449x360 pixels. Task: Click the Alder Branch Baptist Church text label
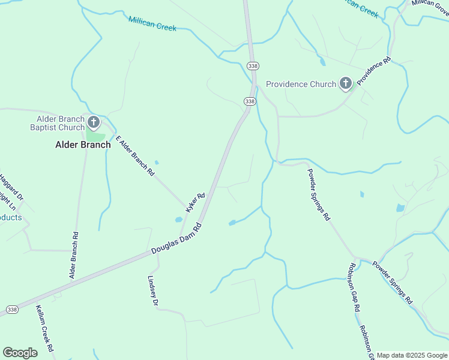click(58, 122)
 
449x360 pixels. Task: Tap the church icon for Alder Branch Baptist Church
click(94, 123)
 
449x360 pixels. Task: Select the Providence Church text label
click(301, 84)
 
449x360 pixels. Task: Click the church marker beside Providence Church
click(345, 84)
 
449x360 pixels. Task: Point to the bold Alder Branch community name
click(83, 145)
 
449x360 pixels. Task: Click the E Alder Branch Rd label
click(135, 155)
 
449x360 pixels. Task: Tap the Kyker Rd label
click(196, 202)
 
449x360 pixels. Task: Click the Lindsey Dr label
click(152, 292)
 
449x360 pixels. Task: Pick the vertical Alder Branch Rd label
click(74, 255)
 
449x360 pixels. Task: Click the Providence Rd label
click(373, 70)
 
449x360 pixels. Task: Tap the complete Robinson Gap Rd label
click(353, 286)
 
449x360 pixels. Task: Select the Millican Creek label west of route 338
click(152, 23)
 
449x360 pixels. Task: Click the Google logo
click(20, 353)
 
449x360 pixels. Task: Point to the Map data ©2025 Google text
click(412, 355)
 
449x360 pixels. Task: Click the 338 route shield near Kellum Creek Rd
click(11, 309)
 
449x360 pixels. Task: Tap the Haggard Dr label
click(11, 187)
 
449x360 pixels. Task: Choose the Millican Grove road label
click(430, 4)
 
